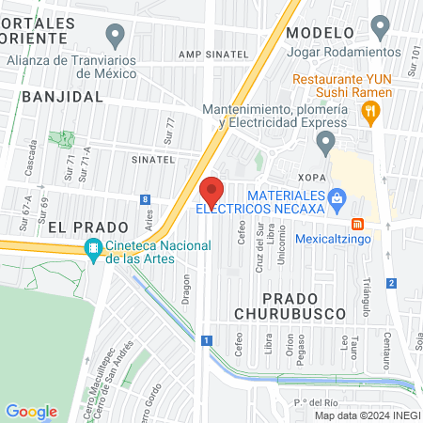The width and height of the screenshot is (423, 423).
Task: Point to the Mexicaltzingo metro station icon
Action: [x=357, y=224]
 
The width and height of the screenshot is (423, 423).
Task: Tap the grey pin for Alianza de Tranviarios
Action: [x=116, y=38]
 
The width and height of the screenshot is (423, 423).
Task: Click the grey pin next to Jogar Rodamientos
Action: [x=380, y=25]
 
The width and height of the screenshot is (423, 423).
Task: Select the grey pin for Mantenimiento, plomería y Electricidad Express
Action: [x=326, y=143]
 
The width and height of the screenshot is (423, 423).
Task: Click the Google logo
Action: [x=31, y=411]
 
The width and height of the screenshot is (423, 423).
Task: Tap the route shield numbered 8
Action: [x=145, y=199]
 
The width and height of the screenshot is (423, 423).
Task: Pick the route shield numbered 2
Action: [x=390, y=283]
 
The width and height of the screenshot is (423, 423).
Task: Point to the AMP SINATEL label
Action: [x=221, y=55]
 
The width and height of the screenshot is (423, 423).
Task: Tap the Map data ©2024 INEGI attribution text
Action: [x=368, y=415]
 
